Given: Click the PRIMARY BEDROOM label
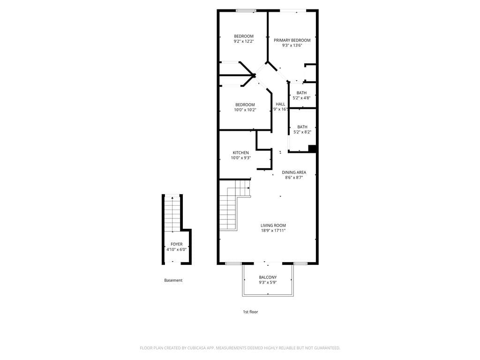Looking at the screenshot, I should pos(292,40).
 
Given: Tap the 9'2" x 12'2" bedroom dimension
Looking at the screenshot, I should pos(244,41).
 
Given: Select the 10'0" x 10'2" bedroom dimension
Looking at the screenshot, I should pos(245,110).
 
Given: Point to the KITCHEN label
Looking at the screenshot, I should pos(241,153).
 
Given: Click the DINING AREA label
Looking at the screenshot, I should pos(294,172).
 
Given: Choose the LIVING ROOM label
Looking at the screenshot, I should pos(273,225).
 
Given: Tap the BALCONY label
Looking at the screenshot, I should pos(268,277).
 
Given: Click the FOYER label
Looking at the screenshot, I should pos(176,244).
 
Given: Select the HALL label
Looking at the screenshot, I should pos(280,104).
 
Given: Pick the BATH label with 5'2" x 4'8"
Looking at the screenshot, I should pos(301,93).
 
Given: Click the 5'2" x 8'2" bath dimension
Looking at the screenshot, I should pos(302,132).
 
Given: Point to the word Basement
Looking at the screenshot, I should pos(173,280).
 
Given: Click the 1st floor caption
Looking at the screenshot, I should pos(250,312).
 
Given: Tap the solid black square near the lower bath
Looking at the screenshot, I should pos(313,149).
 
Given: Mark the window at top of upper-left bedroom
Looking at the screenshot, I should pos(246,10).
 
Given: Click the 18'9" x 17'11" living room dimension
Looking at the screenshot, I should pos(273,231).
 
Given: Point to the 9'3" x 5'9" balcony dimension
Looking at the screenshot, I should pos(268,283).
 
